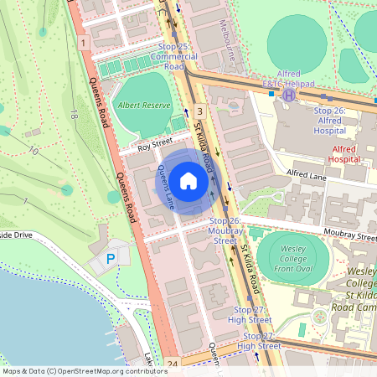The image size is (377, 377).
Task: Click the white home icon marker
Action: pyautogui.click(x=188, y=180)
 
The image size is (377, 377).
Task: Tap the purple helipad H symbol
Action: pyautogui.click(x=289, y=96)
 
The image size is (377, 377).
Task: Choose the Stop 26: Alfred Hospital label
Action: pyautogui.click(x=329, y=120)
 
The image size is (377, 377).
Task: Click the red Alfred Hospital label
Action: pyautogui.click(x=343, y=153)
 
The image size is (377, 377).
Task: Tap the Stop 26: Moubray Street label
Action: pyautogui.click(x=225, y=230)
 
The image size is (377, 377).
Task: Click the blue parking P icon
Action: pyautogui.click(x=111, y=260)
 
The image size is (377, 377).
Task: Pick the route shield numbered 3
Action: pyautogui.click(x=199, y=111)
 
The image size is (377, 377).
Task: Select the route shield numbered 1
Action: pyautogui.click(x=84, y=41)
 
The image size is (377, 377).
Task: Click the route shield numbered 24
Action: pyautogui.click(x=173, y=364)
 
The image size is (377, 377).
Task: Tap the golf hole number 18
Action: pyautogui.click(x=75, y=114)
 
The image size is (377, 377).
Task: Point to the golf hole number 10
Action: pyautogui.click(x=34, y=151)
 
